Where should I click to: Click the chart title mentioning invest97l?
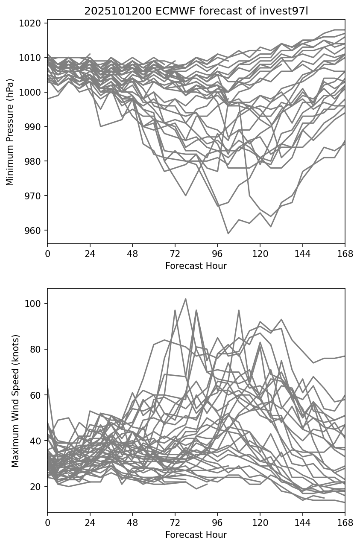[196, 11]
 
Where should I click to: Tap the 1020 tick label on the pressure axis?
[32, 23]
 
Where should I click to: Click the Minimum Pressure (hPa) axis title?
[10, 132]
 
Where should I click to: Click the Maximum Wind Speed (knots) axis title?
[15, 401]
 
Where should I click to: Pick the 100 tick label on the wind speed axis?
[35, 304]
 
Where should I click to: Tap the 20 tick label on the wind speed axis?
[37, 487]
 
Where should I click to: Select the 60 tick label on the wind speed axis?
[37, 395]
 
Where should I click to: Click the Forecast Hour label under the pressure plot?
[196, 266]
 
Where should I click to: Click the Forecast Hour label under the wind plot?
[196, 535]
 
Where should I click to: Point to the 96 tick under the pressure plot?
[217, 254]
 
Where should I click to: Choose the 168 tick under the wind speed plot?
[345, 523]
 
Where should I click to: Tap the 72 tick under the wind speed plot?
[175, 523]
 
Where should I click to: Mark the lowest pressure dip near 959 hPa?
[228, 234]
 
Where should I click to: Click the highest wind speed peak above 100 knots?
[186, 299]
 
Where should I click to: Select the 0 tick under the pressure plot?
[47, 254]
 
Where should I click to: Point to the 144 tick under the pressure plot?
[302, 254]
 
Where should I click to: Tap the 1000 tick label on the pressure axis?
[32, 92]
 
